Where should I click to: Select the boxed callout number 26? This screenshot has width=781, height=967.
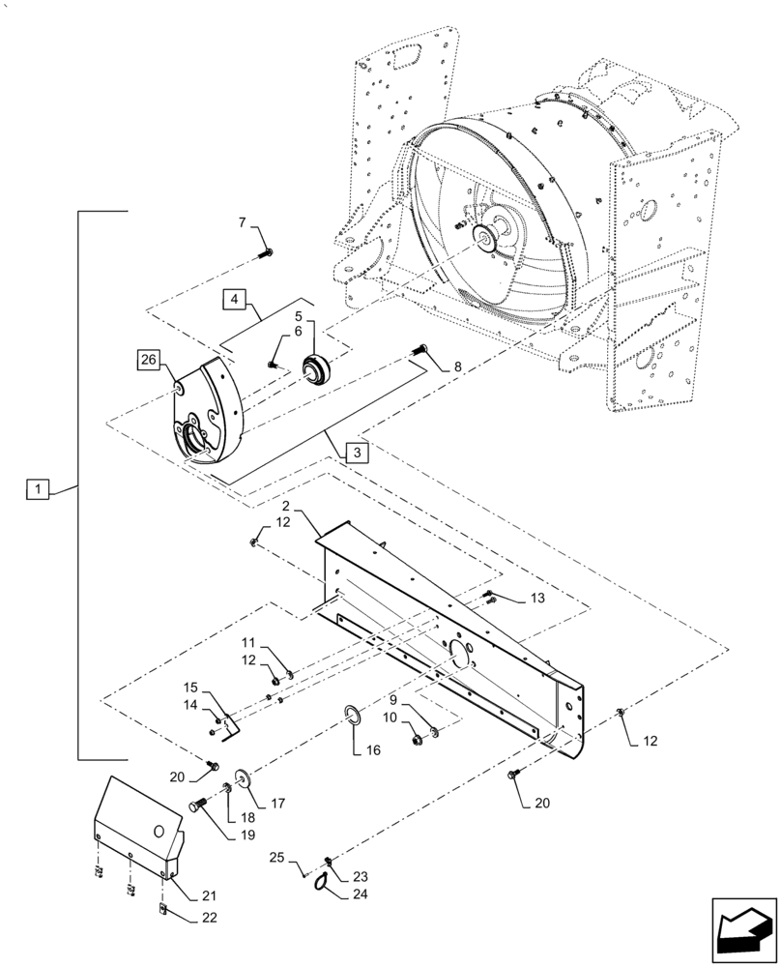(x=147, y=363)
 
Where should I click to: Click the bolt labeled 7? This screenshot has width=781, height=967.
(x=266, y=253)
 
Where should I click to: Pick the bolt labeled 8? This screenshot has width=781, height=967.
(x=421, y=352)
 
